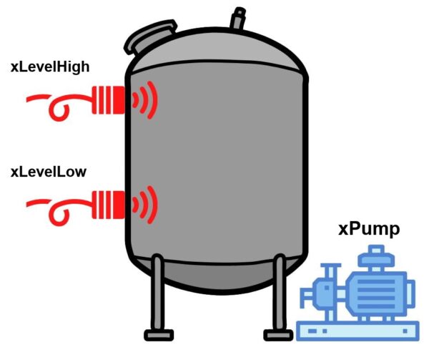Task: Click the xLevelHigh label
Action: (x=50, y=67)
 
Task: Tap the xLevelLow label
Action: (x=49, y=172)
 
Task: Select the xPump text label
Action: (x=369, y=230)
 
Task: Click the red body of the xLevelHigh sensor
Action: (x=109, y=100)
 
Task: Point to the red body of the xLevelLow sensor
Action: (x=109, y=205)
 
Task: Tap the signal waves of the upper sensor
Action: (x=145, y=100)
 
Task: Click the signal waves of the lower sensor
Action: (x=145, y=205)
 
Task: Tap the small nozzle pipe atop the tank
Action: (x=238, y=18)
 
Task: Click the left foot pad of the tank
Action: (x=159, y=335)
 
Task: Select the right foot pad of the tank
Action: (x=278, y=335)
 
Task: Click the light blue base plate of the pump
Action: (x=358, y=331)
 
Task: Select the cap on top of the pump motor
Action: (x=377, y=256)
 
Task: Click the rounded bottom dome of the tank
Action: (x=219, y=276)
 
